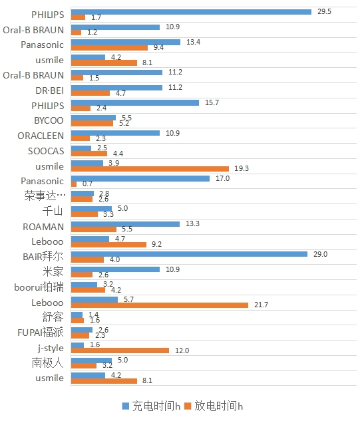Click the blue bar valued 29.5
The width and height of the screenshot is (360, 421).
(x=191, y=11)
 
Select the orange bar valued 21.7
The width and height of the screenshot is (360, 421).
(x=159, y=305)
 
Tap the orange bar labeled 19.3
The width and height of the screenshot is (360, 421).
(x=150, y=168)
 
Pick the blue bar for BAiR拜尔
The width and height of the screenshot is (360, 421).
(x=189, y=253)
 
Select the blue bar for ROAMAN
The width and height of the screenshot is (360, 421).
(x=125, y=223)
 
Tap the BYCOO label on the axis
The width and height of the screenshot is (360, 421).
(x=49, y=120)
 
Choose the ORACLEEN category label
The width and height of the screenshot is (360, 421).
(x=41, y=136)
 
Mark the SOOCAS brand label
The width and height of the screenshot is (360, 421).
(x=47, y=151)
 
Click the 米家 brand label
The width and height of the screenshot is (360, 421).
(x=53, y=272)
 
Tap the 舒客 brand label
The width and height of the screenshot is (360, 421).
(x=53, y=317)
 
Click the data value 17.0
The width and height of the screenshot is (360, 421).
(x=222, y=178)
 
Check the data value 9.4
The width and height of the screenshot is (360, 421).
(x=158, y=47)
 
